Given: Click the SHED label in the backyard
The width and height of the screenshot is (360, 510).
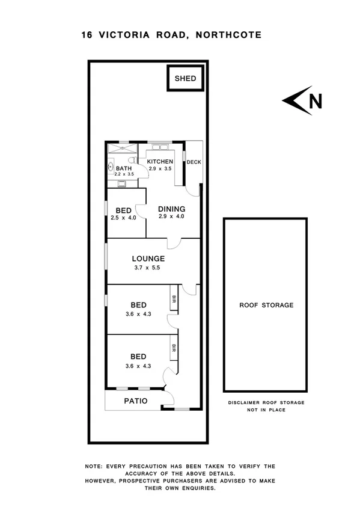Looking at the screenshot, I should click(x=185, y=79).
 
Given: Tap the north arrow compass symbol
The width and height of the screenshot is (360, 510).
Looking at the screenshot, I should click(x=303, y=102).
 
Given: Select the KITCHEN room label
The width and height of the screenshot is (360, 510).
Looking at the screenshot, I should click(x=160, y=162).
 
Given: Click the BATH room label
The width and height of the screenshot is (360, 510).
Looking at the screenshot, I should click(x=123, y=168).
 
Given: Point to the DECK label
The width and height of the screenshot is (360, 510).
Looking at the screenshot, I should click(x=194, y=162).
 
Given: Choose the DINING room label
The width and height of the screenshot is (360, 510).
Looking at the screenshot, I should click(x=171, y=209).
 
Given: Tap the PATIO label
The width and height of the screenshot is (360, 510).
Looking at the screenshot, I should click(x=136, y=401).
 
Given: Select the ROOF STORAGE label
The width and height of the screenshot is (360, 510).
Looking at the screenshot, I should click(x=266, y=305).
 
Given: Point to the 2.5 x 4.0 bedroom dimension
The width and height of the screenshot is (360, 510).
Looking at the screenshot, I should click(x=123, y=218).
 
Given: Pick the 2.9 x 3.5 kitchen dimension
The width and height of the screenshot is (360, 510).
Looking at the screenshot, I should click(x=160, y=169).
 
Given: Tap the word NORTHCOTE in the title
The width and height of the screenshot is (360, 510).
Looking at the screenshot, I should click(x=228, y=35).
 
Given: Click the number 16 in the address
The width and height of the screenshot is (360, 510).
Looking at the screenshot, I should click(x=87, y=35).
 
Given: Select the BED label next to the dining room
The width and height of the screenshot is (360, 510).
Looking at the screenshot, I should click(x=123, y=210).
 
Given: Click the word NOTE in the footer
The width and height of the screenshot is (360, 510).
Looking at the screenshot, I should click(x=94, y=466).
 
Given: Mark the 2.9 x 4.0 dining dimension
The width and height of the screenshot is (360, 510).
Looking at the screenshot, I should click(x=171, y=217).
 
